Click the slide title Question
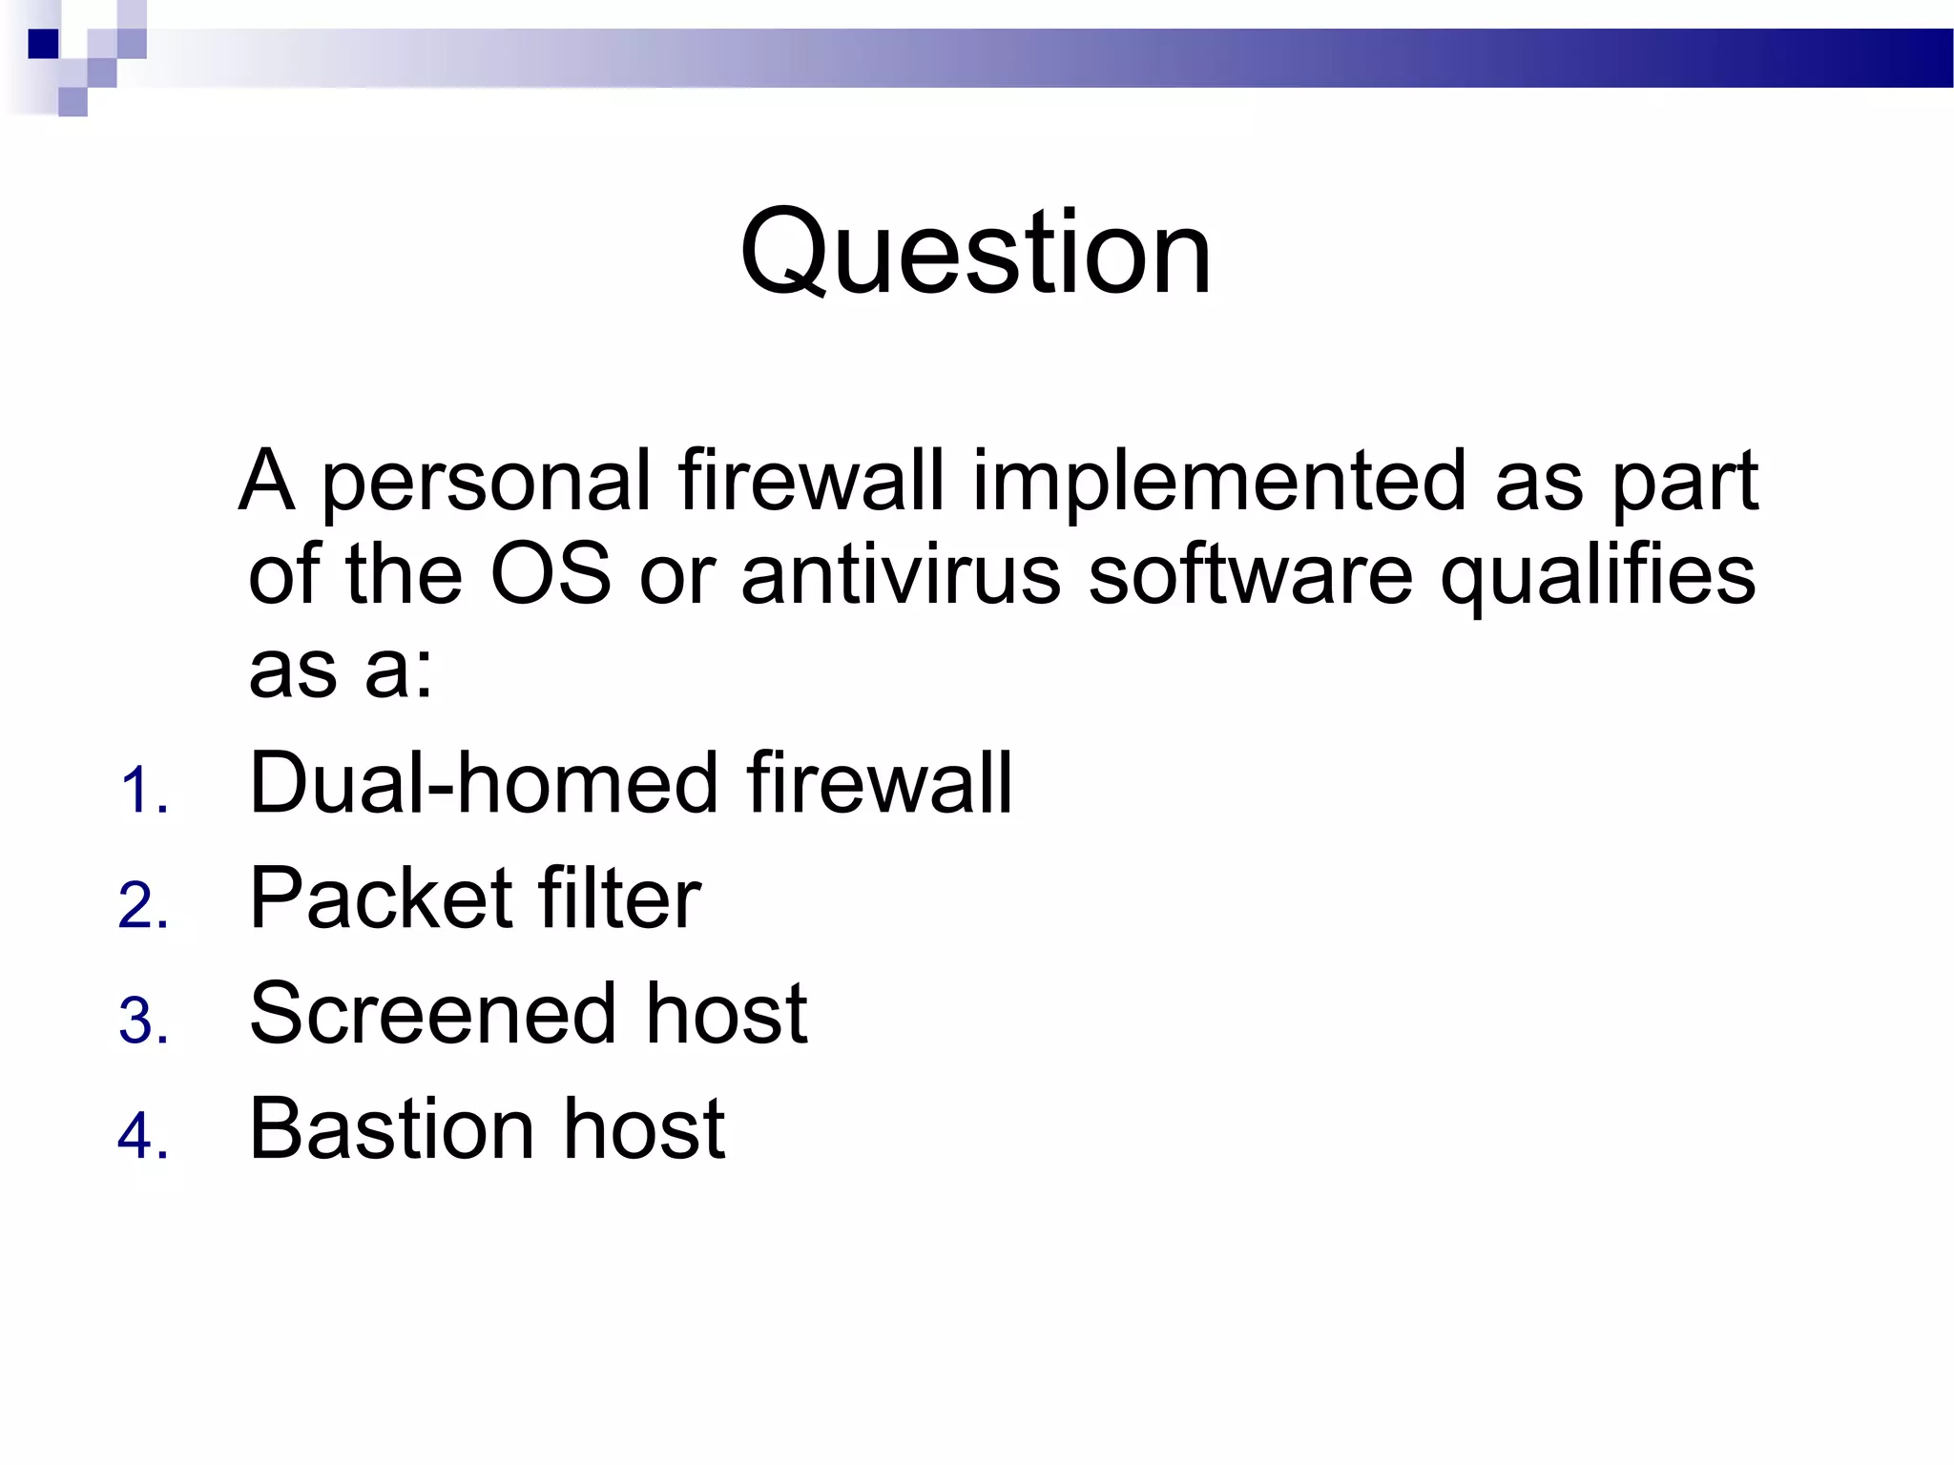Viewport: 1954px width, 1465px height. tap(975, 253)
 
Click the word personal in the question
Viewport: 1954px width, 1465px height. tap(487, 483)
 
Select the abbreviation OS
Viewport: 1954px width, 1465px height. tap(550, 574)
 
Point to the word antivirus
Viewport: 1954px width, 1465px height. tap(901, 574)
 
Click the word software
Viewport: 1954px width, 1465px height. tap(1250, 574)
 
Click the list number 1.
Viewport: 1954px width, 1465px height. tap(143, 792)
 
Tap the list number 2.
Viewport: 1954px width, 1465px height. tap(143, 906)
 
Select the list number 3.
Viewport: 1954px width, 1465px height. tap(143, 1021)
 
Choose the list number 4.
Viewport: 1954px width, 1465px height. tap(143, 1137)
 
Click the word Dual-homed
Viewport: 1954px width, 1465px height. tap(483, 783)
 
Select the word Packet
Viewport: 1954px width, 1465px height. tap(381, 898)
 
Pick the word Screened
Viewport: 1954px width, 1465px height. tap(433, 1014)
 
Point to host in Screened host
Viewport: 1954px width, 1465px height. tap(726, 1014)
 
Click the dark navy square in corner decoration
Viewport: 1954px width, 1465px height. tap(44, 44)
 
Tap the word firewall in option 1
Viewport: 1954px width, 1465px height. tap(878, 783)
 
